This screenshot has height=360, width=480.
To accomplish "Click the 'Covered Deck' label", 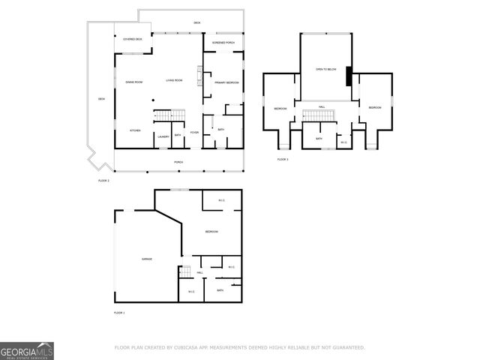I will (x=133, y=38).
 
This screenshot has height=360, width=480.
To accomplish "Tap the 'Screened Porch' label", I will (x=223, y=43).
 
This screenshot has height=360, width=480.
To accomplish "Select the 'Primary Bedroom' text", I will (x=226, y=82).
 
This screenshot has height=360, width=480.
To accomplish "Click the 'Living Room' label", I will (x=174, y=80).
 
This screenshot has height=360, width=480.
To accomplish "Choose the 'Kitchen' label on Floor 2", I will (x=135, y=130).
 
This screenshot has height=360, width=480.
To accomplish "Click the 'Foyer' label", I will (x=194, y=133).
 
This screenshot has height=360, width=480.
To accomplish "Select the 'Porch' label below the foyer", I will (x=178, y=162).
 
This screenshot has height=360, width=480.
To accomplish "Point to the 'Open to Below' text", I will (x=325, y=68).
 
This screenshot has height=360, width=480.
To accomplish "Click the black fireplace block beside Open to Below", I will (x=348, y=76).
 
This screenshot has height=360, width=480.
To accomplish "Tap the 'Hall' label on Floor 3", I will (x=321, y=107).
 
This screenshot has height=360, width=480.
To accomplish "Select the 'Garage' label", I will (x=147, y=259).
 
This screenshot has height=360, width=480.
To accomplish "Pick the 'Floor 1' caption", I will (x=119, y=312).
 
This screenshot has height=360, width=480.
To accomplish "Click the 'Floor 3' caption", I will (x=283, y=159).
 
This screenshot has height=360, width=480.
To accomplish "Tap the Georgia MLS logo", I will (x=27, y=351).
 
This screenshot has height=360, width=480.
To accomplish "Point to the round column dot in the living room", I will (x=154, y=98).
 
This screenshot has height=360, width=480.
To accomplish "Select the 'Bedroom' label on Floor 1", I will (x=211, y=232).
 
